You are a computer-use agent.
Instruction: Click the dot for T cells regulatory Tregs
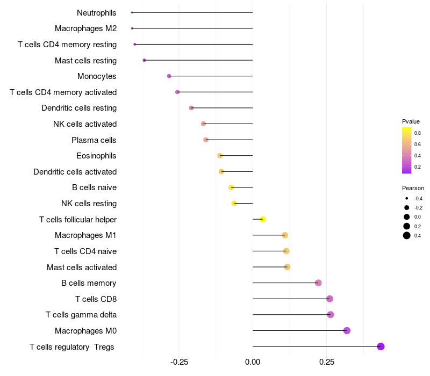[381, 346]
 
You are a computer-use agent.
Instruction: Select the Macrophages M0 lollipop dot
[347, 330]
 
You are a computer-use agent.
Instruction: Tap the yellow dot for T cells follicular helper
[263, 219]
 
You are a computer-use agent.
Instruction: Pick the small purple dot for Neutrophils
[132, 12]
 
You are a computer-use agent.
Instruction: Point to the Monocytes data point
[169, 76]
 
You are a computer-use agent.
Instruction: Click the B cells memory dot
[318, 283]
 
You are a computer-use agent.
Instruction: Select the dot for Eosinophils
[220, 156]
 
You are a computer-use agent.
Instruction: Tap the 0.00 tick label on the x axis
[253, 363]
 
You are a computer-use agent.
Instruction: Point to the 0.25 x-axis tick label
[326, 363]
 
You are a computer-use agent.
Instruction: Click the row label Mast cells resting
[85, 60]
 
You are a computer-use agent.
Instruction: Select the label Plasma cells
[94, 140]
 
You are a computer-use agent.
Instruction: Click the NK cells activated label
[85, 124]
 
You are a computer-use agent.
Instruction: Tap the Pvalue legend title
[411, 121]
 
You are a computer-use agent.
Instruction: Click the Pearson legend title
[413, 188]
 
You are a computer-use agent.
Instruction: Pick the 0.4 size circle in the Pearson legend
[407, 235]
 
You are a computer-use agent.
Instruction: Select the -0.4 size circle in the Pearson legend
[407, 198]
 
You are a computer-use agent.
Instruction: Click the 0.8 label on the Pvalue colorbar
[417, 133]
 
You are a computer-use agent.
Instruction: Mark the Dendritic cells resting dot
[191, 108]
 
